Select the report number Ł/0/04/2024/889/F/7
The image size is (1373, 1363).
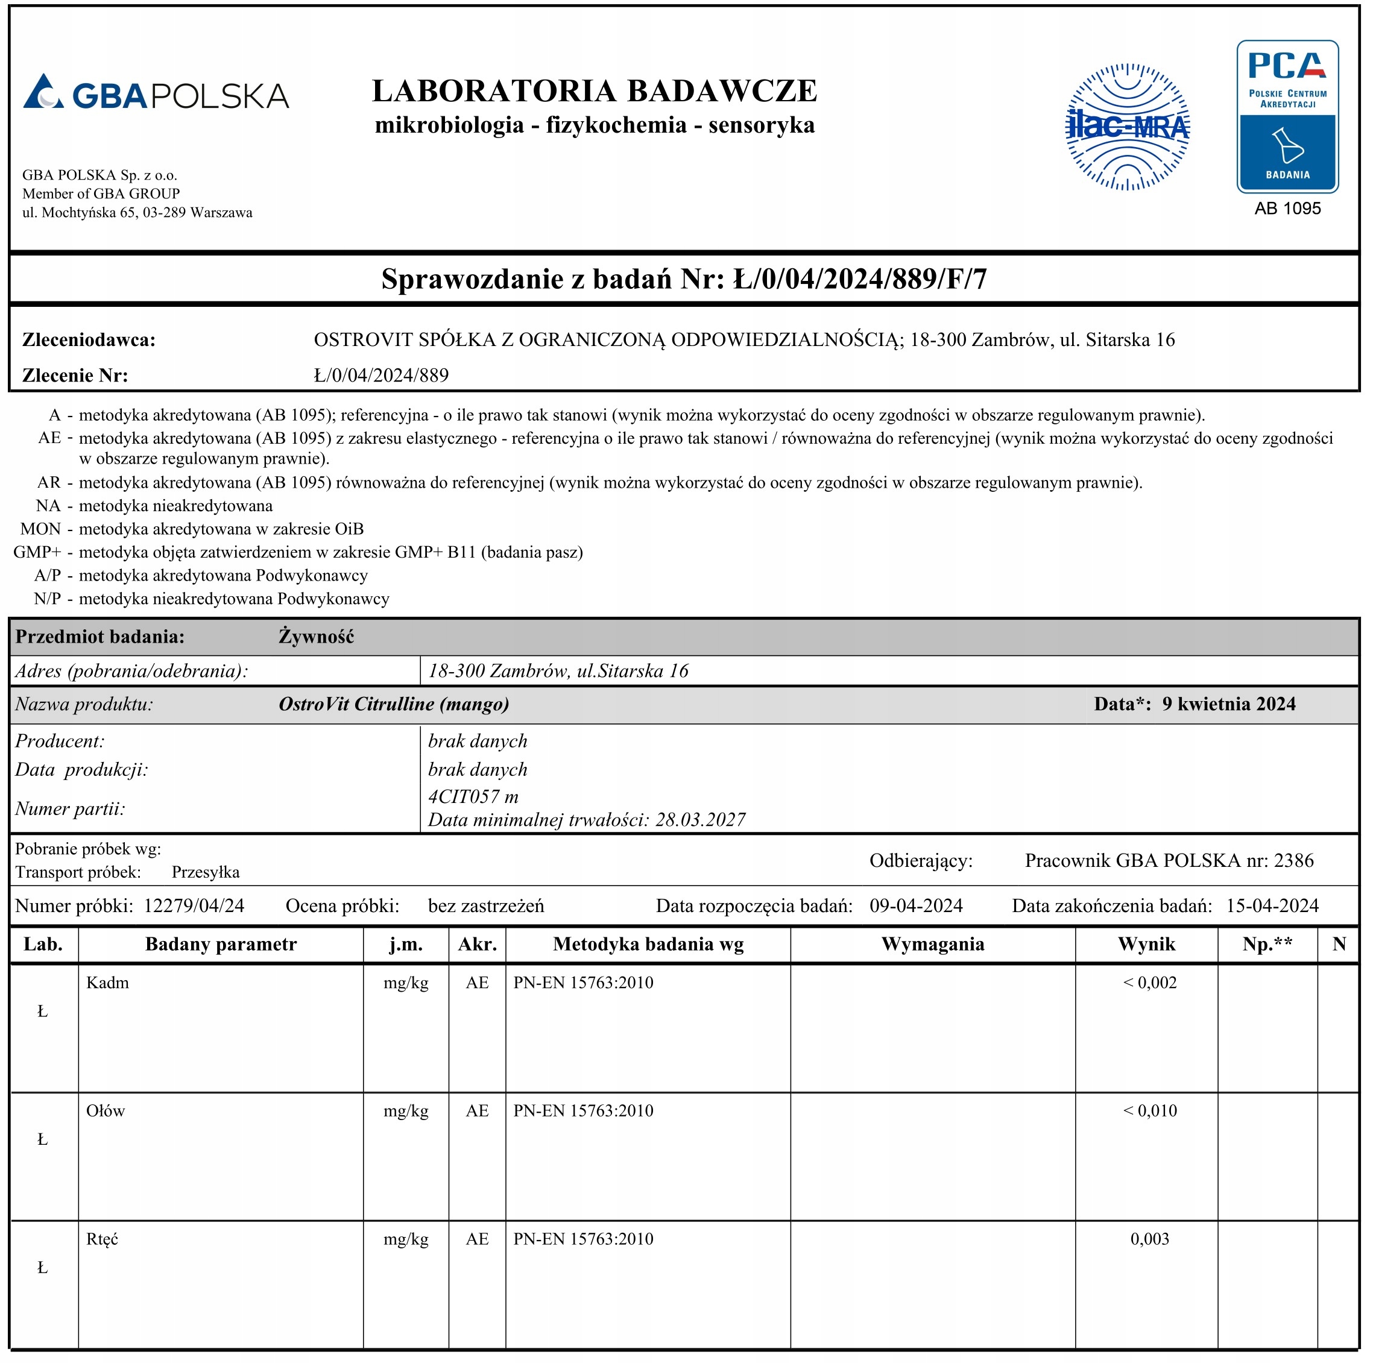pos(860,279)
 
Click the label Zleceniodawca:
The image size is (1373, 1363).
pos(89,341)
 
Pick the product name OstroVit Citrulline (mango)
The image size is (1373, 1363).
pos(394,704)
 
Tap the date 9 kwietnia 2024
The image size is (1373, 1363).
pos(1229,704)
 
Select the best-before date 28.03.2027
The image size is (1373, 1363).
pos(700,820)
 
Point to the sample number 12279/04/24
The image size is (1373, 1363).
pos(194,906)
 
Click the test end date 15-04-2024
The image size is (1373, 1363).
pos(1272,906)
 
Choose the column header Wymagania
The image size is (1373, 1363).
pos(932,945)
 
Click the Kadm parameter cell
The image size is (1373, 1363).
pos(108,983)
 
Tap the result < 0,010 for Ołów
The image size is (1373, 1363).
pos(1149,1111)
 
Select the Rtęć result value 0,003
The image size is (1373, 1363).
pos(1149,1239)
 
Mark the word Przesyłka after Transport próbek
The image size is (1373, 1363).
pos(206,873)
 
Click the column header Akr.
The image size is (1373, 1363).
pos(477,945)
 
